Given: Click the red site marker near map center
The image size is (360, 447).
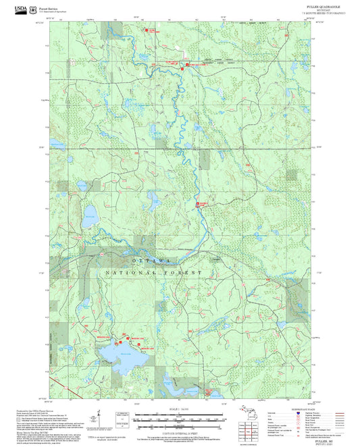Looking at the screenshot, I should point(198,203).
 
